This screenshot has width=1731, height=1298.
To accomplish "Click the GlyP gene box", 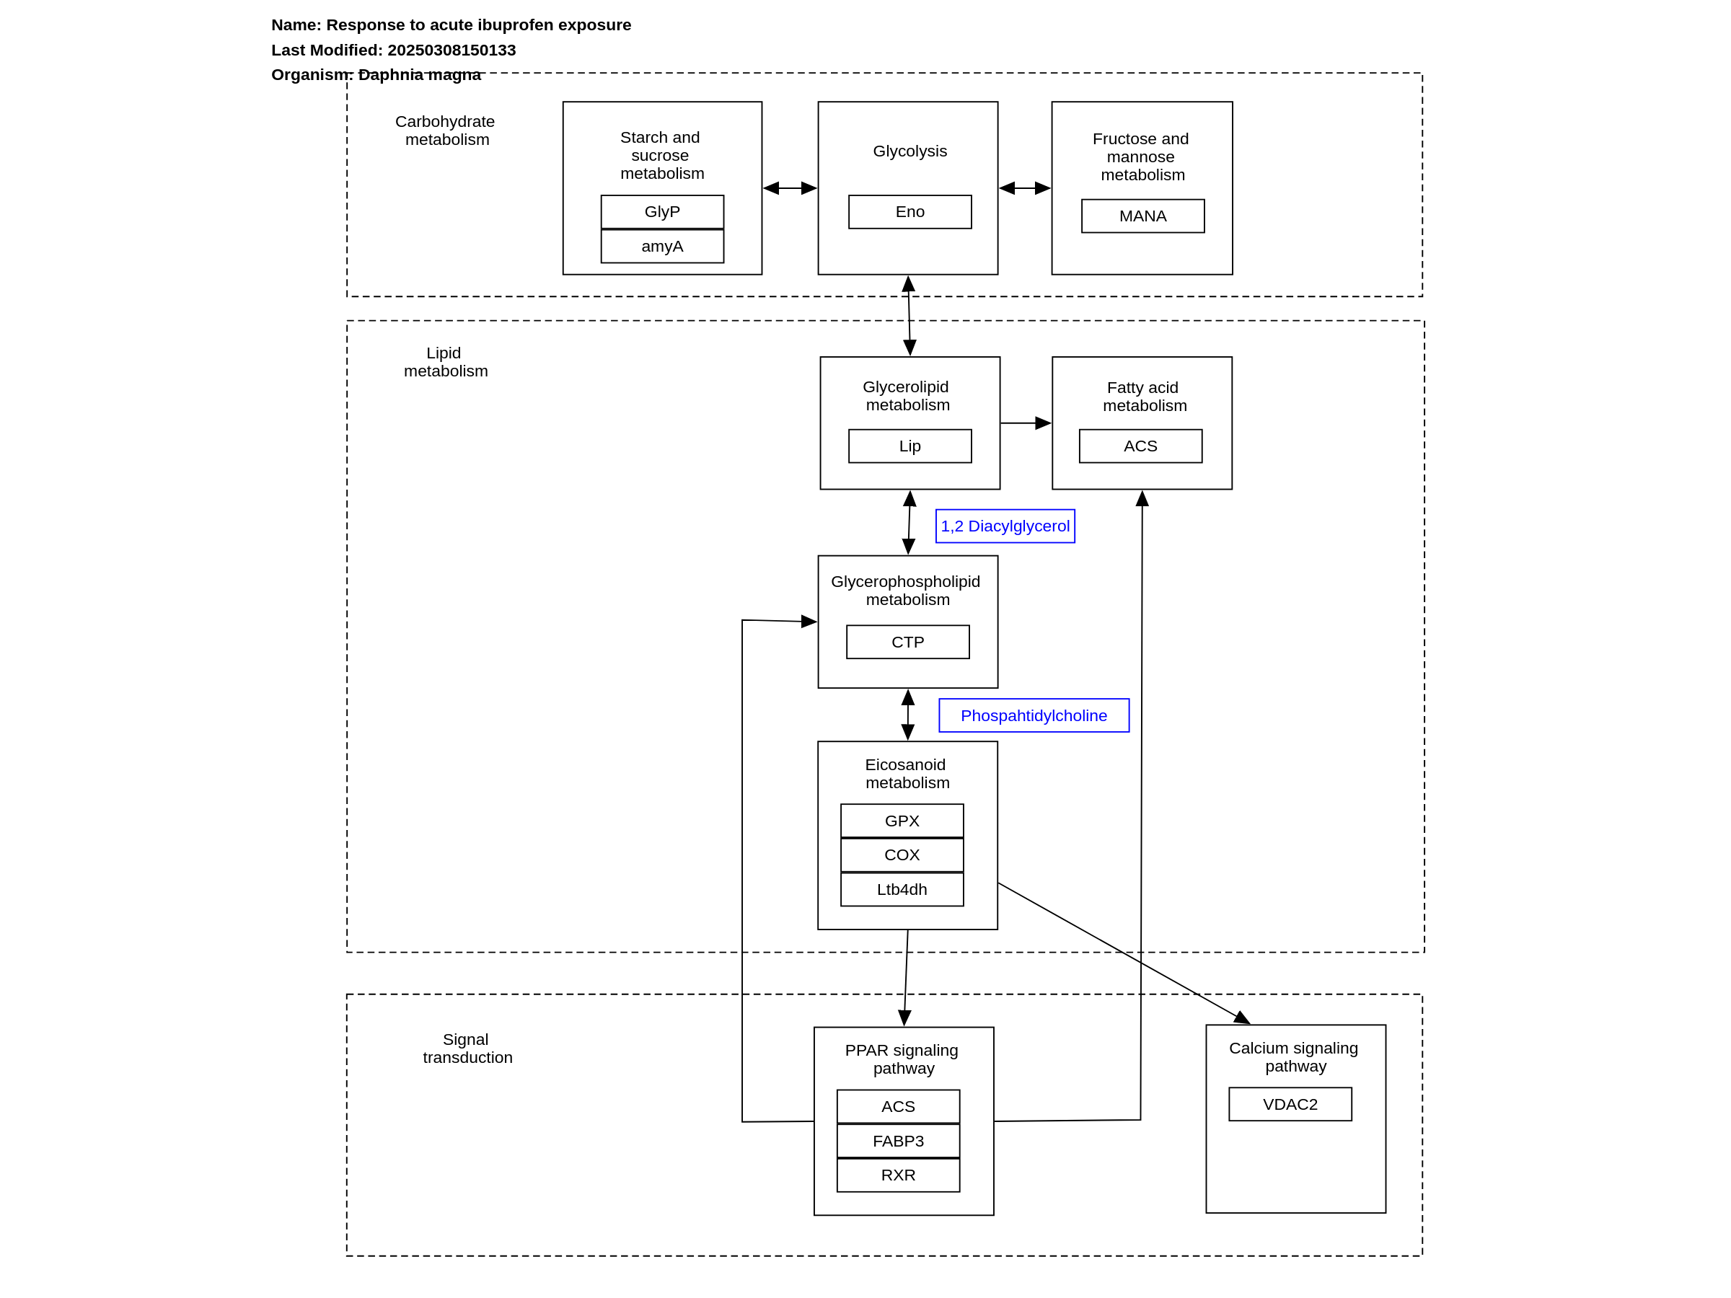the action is tap(662, 212).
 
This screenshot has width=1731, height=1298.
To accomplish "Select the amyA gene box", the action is tap(662, 247).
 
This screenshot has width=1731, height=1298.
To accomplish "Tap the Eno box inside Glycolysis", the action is tap(910, 212).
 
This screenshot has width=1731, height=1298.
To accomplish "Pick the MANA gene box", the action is tap(1142, 216).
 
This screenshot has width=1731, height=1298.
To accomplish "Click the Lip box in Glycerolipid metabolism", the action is tap(910, 446).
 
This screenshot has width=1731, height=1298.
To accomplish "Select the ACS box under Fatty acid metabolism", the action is tap(1140, 446).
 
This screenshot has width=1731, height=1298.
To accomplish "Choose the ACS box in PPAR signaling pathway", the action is tap(899, 1106).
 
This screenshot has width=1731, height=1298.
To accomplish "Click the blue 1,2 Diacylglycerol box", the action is tap(1005, 526).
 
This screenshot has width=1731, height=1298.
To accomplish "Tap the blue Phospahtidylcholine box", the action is tap(1034, 715).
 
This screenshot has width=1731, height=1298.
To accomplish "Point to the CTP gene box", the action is tap(908, 642).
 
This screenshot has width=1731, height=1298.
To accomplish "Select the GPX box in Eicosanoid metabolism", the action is tap(902, 821).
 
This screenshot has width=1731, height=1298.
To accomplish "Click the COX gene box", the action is tap(902, 855).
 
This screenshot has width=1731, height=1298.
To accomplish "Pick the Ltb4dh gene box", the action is tap(902, 890).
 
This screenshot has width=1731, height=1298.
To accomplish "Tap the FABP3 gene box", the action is tap(899, 1141).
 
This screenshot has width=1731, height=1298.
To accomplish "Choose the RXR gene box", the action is tap(899, 1175).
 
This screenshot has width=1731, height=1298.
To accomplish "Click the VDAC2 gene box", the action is tap(1290, 1104).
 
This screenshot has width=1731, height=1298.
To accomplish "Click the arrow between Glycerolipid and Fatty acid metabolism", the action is tap(1026, 423).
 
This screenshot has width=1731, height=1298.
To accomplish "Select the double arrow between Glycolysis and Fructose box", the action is tap(1025, 187).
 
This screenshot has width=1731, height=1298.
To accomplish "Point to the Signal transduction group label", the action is tap(467, 1048).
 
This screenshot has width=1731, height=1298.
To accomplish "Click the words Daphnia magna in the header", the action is tap(420, 74).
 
